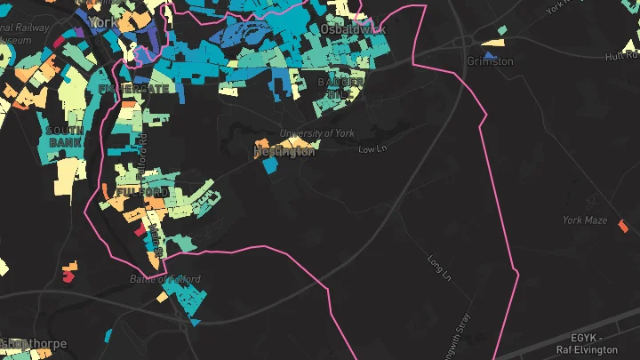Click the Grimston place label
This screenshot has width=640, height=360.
click(490, 61)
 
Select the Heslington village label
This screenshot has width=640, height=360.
click(284, 152)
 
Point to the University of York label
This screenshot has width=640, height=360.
click(317, 133)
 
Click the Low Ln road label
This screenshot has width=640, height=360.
click(369, 149)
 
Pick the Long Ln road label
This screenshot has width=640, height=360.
click(440, 266)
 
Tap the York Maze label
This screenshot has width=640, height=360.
click(584, 220)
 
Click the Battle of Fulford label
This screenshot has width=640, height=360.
click(165, 279)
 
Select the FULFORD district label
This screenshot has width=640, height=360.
click(141, 192)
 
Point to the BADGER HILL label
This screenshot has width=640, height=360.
click(340, 87)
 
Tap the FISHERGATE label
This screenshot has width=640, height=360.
click(122, 90)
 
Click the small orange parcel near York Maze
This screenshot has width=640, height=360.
click(622, 225)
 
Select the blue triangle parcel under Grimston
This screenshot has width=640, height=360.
click(488, 56)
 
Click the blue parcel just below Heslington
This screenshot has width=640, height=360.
click(269, 165)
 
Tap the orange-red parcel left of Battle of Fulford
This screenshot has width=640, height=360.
click(68, 274)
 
